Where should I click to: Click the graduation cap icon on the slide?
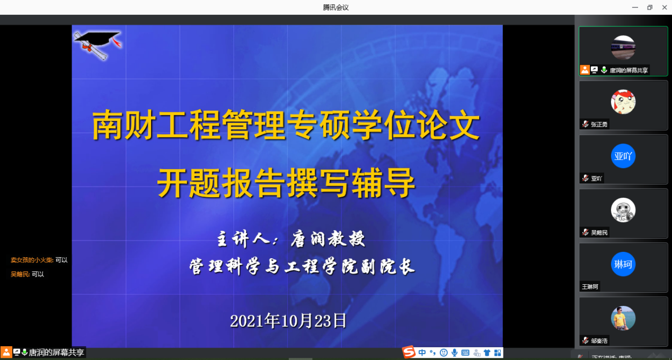click(98, 45)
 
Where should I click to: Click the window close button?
click(665, 7)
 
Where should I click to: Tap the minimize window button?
click(635, 7)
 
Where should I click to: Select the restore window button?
click(650, 7)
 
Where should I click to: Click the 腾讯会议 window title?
click(335, 7)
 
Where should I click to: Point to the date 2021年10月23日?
click(288, 321)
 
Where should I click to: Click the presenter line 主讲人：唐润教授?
click(291, 239)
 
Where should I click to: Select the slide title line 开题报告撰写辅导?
click(286, 182)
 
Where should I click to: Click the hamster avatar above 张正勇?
click(623, 102)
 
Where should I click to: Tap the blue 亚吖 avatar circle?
click(623, 156)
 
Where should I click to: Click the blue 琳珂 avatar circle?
click(623, 264)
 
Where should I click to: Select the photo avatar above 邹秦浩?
click(623, 318)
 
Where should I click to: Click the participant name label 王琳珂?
click(590, 287)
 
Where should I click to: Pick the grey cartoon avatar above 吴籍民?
click(623, 210)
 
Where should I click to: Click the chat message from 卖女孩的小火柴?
click(39, 260)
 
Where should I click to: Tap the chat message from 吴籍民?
click(28, 274)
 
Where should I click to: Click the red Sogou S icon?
click(409, 353)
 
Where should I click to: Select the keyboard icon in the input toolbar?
click(465, 353)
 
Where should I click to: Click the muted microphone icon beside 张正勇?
click(585, 124)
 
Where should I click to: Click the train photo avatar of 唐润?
click(623, 47)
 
